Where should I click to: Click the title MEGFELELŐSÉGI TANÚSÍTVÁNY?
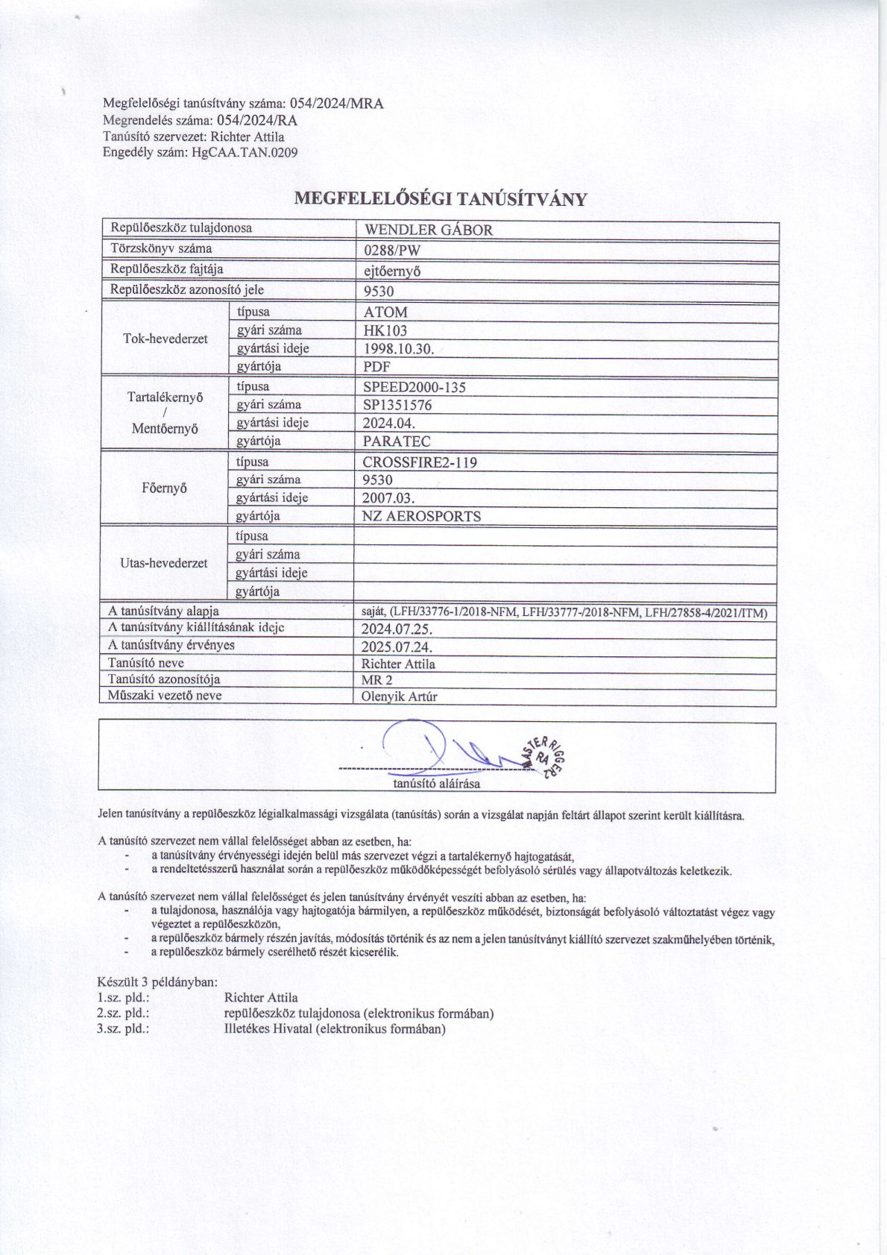[441, 199]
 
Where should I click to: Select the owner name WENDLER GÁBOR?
[427, 230]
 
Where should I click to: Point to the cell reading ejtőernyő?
[391, 271]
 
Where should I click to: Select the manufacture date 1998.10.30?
[399, 349]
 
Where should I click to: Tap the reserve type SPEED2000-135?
[414, 387]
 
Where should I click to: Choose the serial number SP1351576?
[397, 406]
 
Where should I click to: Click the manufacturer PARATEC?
[397, 441]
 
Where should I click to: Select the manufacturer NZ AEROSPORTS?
[421, 516]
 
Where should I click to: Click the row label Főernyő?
[164, 488]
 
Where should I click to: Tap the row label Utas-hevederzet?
[164, 563]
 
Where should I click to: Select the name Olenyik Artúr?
[399, 697]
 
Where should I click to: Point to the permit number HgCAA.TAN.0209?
[244, 153]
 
